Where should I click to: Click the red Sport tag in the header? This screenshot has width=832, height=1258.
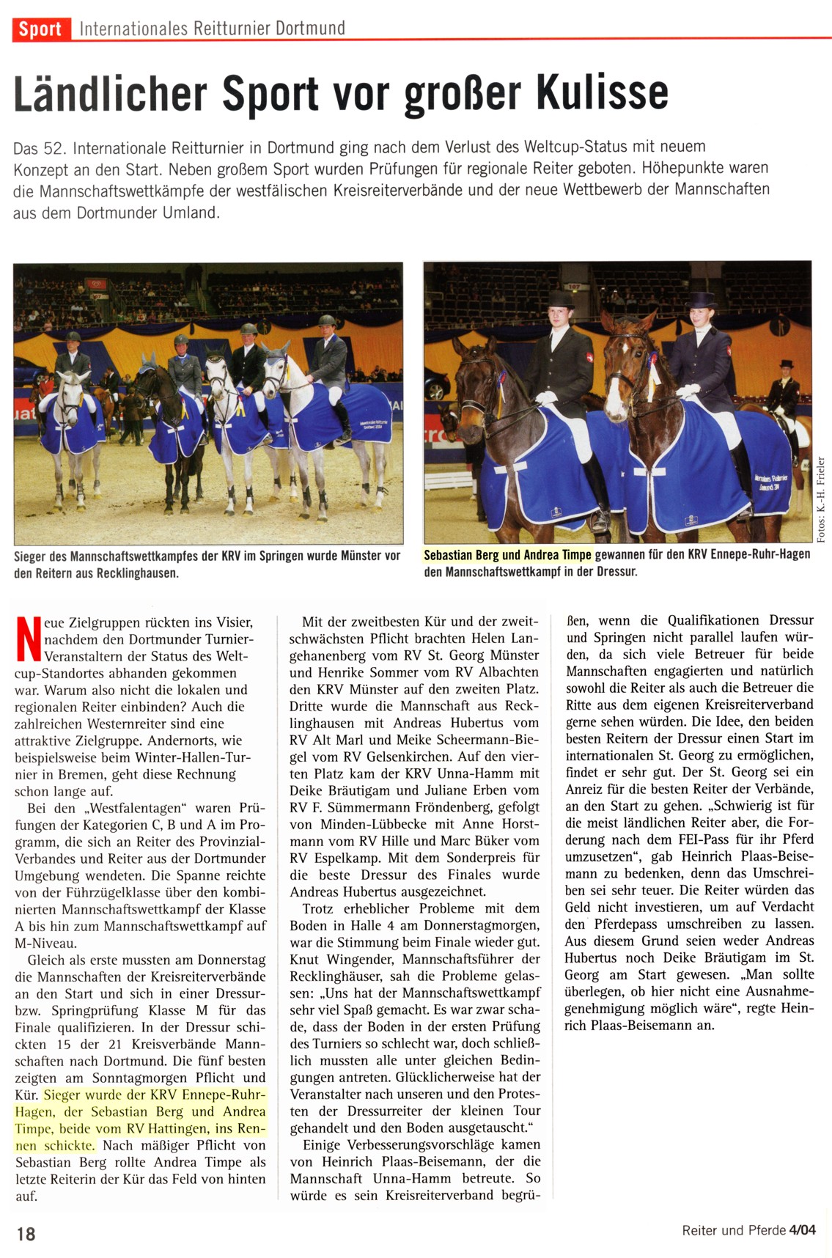(40, 29)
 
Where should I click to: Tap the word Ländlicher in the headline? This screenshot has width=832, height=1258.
(111, 93)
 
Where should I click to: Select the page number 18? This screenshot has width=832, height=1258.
(26, 1233)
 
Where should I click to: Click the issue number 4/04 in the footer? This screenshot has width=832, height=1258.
(802, 1229)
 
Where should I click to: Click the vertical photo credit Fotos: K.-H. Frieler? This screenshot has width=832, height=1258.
(821, 500)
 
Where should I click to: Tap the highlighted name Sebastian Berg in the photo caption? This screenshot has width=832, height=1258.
(461, 555)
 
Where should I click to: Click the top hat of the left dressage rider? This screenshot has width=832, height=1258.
(561, 298)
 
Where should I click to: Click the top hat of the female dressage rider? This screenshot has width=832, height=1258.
(702, 300)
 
